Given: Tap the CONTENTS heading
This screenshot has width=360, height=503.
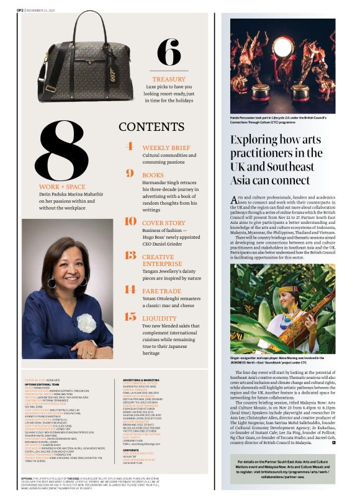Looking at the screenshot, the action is (x=151, y=127).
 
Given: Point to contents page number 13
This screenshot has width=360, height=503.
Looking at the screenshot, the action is (x=130, y=256).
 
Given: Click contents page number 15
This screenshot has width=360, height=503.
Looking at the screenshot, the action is (x=130, y=317).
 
